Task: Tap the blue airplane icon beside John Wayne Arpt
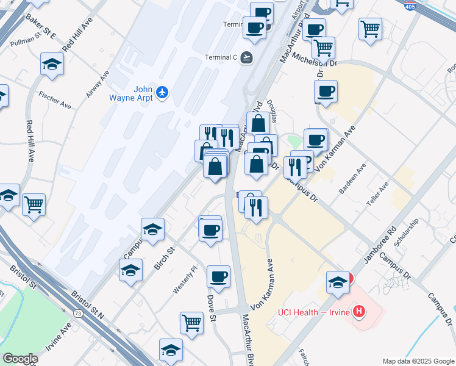(162, 92)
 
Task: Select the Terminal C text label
(220, 57)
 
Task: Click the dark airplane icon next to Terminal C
(246, 57)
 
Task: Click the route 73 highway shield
(77, 313)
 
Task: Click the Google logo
(20, 359)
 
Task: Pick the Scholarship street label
(407, 232)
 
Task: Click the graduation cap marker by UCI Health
(338, 282)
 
